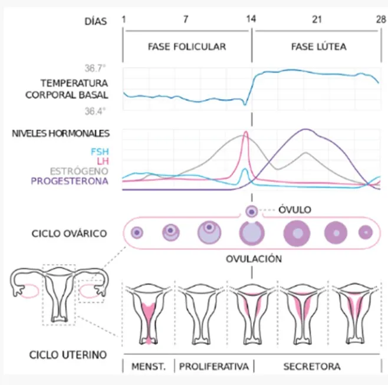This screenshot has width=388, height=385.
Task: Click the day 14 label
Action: [x=251, y=19]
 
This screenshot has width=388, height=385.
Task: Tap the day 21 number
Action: [x=317, y=19]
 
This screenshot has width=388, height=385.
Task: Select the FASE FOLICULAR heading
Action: [x=187, y=47]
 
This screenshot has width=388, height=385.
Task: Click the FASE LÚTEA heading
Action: [x=318, y=47]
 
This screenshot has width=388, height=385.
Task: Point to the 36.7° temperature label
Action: [x=95, y=68]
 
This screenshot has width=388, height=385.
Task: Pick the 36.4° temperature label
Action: [x=95, y=111]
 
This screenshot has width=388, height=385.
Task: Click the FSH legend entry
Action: [x=100, y=152]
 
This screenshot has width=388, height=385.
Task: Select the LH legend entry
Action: [x=103, y=162]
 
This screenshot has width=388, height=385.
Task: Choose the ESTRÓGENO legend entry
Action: [x=79, y=171]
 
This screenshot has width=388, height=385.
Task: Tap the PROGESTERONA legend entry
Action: [x=70, y=181]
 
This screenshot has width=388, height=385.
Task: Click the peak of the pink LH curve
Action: [x=246, y=132]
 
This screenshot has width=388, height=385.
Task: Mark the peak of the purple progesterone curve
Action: [x=306, y=129]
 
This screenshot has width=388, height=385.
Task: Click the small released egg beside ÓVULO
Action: [x=252, y=212]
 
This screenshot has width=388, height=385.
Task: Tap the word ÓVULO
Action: [x=295, y=210]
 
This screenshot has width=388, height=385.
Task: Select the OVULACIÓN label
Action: [x=254, y=259]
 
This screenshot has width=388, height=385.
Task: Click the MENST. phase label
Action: [x=149, y=367]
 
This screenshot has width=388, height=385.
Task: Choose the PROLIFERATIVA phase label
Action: [x=214, y=367]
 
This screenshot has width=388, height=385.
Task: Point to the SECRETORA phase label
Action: [x=312, y=367]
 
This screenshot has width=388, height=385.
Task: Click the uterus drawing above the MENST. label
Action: [x=149, y=314]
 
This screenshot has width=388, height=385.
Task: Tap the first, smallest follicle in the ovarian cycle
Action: [x=137, y=232]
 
